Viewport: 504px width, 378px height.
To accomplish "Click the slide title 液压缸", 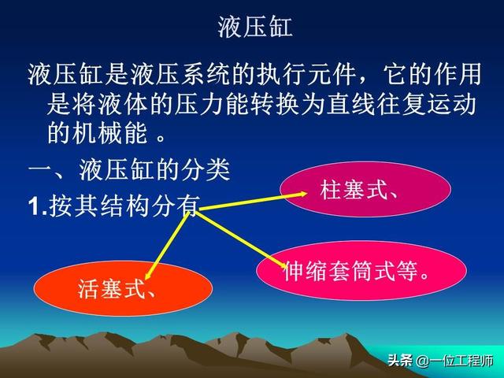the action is (x=255, y=27).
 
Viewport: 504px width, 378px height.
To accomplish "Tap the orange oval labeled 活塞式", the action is (x=123, y=288).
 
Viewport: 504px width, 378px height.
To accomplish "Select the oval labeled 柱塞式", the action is (x=365, y=189).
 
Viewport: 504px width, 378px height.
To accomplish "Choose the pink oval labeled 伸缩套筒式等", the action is (x=361, y=270).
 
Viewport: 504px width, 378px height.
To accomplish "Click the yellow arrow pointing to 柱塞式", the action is (x=252, y=202).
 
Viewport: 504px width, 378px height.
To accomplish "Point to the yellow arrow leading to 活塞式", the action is (x=166, y=245).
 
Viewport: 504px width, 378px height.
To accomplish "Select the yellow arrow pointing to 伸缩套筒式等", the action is (x=242, y=239).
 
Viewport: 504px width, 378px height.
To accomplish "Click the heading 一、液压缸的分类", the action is (x=129, y=169).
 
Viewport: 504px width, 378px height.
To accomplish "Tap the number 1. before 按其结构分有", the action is (x=38, y=206).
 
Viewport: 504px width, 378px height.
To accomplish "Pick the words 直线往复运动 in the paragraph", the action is (x=401, y=104).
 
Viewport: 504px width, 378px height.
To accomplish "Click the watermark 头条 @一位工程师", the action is (x=440, y=361).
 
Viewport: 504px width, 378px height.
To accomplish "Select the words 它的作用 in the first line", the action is (x=432, y=74).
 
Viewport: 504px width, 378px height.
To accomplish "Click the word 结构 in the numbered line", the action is (x=125, y=206).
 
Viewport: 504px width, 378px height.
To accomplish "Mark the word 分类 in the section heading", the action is (x=206, y=169).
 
